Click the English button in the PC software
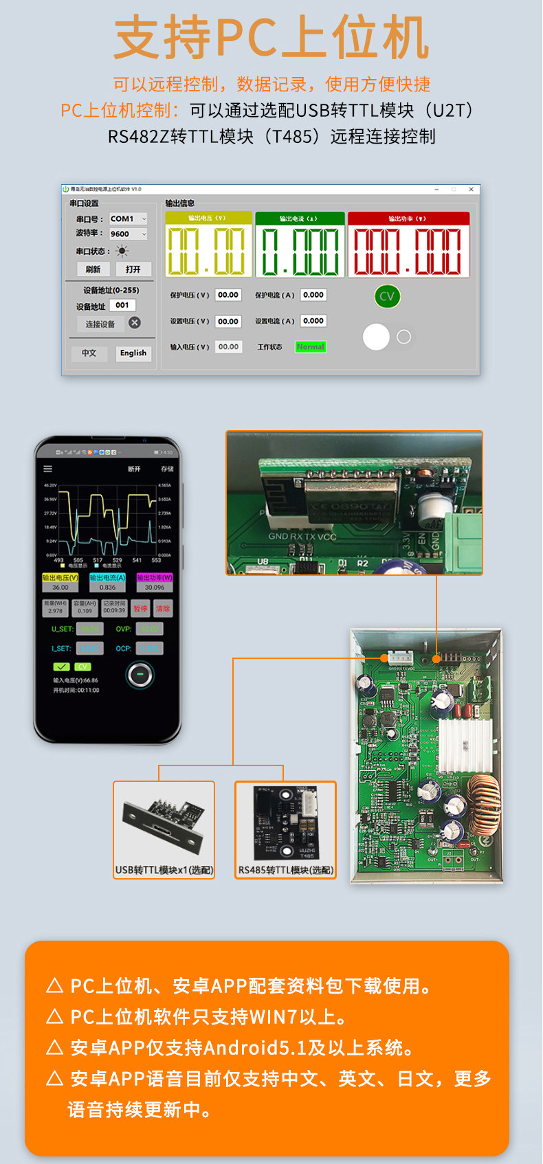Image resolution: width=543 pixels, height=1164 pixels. coord(133,353)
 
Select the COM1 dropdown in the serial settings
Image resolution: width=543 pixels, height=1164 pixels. coord(129,219)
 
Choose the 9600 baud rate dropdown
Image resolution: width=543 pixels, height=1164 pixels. coord(129,234)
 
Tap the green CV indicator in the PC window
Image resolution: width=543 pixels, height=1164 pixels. coord(387,296)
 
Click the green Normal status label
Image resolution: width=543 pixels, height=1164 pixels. coord(311,347)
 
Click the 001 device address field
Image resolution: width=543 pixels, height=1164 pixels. coord(122,305)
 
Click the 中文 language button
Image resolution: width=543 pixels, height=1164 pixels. coord(89,353)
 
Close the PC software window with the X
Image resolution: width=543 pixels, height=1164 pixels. coord(471,189)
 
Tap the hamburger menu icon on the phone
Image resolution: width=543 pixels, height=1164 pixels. coord(48,469)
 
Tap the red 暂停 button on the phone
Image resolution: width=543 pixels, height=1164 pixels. coord(140,609)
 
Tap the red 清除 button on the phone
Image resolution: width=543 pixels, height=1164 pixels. coord(163,609)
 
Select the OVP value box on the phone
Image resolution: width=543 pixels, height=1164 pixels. coord(149,629)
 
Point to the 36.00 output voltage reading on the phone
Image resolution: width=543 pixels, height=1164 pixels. coord(60,587)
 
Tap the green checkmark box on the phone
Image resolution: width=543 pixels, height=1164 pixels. coord(61,667)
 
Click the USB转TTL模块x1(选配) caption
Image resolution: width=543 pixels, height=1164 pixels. coord(164,870)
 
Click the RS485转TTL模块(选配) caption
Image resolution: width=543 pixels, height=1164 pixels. coord(285,870)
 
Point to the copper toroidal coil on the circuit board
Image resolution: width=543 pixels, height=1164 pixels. coord(484,797)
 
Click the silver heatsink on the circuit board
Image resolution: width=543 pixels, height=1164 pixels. coord(465,745)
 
